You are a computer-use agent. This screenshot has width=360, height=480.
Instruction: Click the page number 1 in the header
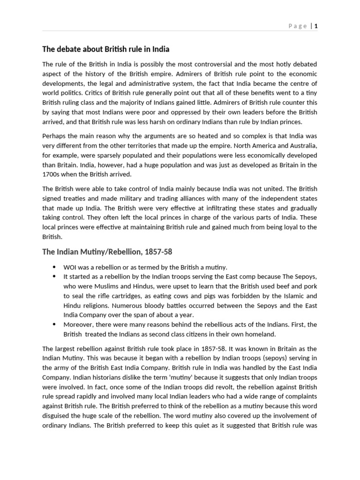[316, 26]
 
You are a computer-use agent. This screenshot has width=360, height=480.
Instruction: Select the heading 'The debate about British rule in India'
[106, 49]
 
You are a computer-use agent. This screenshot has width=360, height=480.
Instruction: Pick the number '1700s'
[51, 175]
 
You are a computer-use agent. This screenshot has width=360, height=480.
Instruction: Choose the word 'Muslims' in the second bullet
[100, 286]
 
